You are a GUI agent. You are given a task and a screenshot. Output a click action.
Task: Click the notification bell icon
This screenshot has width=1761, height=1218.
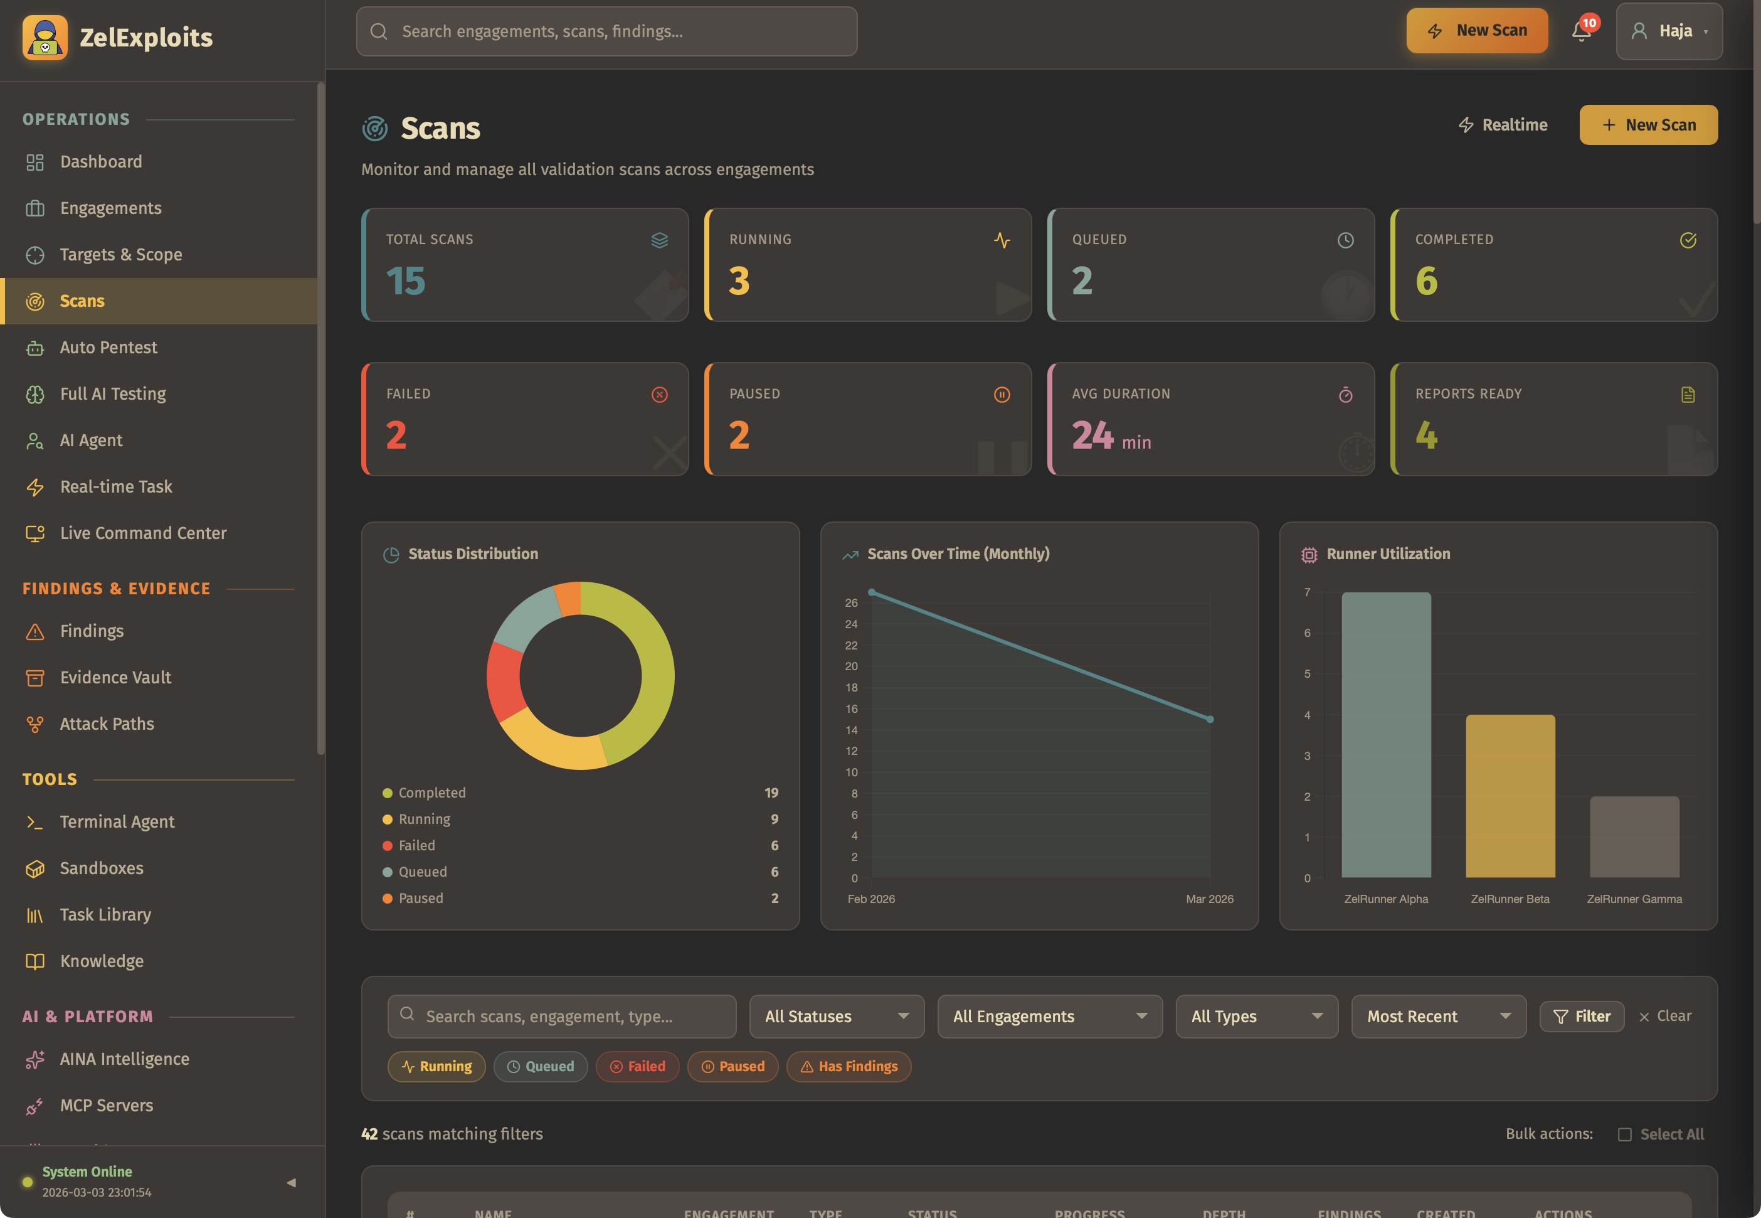coord(1580,32)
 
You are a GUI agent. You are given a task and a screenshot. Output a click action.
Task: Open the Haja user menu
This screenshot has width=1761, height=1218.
coord(1668,31)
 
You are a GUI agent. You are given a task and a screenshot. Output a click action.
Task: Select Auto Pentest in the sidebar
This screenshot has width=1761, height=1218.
coord(108,347)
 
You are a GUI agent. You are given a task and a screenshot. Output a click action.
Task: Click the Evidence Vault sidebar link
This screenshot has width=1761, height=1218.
coord(115,678)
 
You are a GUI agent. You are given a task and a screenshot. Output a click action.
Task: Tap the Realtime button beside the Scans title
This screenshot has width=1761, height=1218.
coord(1503,125)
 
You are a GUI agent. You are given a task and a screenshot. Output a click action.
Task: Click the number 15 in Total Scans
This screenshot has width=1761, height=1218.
coord(406,281)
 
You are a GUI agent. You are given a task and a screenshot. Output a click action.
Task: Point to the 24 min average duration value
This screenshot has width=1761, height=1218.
coord(1111,435)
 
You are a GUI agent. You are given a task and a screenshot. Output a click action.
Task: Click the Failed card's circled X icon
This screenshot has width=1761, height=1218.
coord(660,395)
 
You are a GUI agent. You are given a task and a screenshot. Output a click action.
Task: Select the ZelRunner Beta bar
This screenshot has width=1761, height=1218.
coord(1510,795)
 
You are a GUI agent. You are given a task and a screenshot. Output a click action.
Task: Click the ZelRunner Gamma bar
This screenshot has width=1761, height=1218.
coord(1634,836)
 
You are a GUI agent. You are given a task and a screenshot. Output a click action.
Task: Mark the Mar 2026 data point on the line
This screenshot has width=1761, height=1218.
coord(1210,719)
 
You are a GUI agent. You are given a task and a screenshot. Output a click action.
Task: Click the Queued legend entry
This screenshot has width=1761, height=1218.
coord(423,872)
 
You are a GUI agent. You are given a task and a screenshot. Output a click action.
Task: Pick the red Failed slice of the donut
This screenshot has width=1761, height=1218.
coord(504,681)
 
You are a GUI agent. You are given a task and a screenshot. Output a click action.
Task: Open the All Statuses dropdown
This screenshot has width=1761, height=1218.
coord(836,1017)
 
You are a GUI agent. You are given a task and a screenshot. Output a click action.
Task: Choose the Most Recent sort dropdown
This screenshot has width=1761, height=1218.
coord(1437,1017)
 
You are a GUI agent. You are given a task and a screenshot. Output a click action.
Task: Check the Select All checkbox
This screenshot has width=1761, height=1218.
coord(1624,1134)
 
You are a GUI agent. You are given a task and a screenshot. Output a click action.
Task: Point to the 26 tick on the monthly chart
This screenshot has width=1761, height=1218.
coord(851,603)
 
